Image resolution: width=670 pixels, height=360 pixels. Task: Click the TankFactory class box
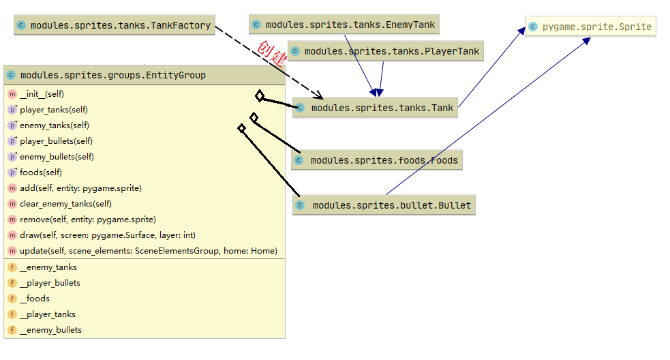click(x=114, y=26)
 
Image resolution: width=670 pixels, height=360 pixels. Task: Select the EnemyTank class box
click(x=343, y=25)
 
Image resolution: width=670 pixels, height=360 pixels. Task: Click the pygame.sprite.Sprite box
click(x=590, y=27)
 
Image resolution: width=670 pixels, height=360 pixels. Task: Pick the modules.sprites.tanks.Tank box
click(x=375, y=108)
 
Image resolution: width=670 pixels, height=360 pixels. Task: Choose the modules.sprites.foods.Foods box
click(x=377, y=160)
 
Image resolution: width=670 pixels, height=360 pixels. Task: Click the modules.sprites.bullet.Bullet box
click(x=383, y=205)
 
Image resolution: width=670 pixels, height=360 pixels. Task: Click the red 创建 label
click(x=272, y=52)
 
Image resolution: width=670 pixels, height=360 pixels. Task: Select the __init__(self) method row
click(x=42, y=94)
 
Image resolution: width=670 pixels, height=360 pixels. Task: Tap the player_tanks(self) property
click(x=53, y=110)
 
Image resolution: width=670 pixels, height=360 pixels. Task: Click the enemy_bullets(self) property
click(x=57, y=157)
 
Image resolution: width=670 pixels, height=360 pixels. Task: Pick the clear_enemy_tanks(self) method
click(x=65, y=204)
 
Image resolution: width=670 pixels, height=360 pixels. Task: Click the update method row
click(x=148, y=251)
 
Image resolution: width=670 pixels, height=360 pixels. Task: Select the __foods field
click(x=34, y=299)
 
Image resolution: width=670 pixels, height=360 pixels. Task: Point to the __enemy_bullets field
click(x=50, y=330)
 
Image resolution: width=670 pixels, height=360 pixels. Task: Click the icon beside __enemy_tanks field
click(x=12, y=267)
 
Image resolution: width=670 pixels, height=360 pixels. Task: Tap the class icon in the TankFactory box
click(x=21, y=26)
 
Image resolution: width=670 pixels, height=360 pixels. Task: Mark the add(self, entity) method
click(x=80, y=188)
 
